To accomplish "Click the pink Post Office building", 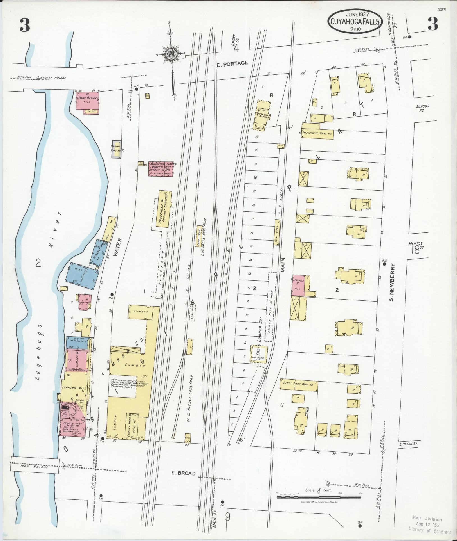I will [x=87, y=101].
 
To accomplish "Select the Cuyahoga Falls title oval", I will [x=355, y=22].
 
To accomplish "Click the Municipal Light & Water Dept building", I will [x=161, y=169].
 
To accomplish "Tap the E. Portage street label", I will [x=232, y=63].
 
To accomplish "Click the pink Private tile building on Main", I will [x=298, y=285].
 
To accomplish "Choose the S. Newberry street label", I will [x=392, y=281].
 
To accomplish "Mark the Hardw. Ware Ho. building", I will [x=116, y=149].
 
